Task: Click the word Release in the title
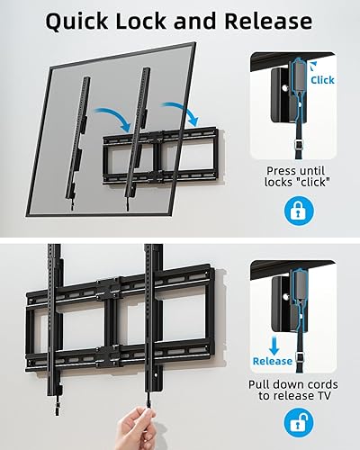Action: pos(271,22)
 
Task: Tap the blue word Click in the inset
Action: pos(321,80)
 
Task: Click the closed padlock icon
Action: pos(298,211)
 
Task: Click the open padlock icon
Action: pos(298,422)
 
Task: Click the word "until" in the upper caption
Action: pos(315,169)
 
